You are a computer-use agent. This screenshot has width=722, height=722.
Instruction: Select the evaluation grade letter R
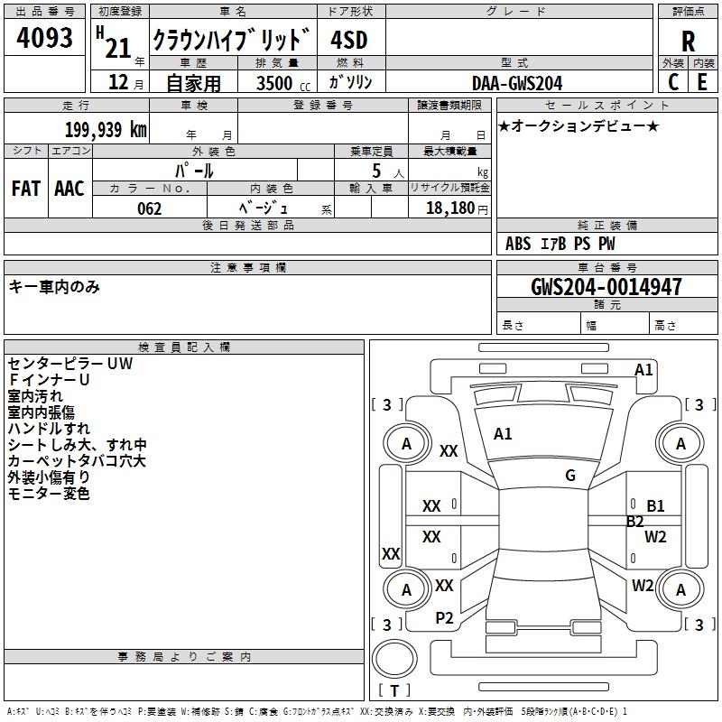(688, 40)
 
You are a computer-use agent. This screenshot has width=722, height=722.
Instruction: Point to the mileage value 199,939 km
(106, 130)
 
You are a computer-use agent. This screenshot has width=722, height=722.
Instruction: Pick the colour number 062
(150, 208)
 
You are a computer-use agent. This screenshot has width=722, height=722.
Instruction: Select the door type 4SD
(350, 40)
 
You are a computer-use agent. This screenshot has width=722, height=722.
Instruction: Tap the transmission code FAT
(26, 189)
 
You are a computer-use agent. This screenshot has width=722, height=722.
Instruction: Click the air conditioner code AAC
(69, 189)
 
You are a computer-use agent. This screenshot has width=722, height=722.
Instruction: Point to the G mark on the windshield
(570, 476)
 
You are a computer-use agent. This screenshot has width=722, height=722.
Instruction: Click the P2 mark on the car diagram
(444, 617)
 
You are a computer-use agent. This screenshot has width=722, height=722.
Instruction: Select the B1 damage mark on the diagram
(656, 506)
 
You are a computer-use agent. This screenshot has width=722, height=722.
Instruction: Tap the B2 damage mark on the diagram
(635, 521)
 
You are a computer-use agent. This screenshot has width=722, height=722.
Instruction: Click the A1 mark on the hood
(503, 434)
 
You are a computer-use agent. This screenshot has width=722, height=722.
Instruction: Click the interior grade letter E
(701, 82)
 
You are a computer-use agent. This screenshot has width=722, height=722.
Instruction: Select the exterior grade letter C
(673, 82)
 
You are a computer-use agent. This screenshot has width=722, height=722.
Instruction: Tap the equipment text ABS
(518, 244)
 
